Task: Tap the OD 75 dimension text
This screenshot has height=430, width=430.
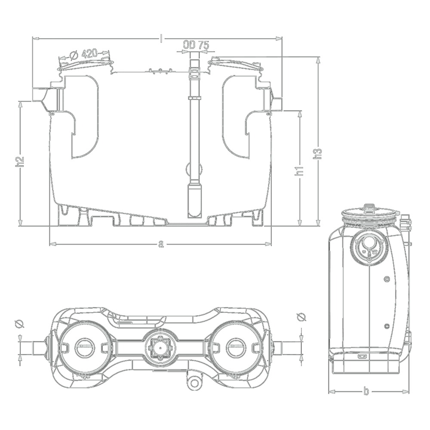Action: click(x=196, y=45)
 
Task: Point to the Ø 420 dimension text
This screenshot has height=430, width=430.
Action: click(x=84, y=54)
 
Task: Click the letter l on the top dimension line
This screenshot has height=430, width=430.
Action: click(x=161, y=39)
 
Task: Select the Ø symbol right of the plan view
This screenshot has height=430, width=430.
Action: click(x=301, y=317)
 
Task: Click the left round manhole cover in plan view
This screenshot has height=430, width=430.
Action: click(x=85, y=348)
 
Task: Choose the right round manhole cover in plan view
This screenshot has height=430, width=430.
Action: click(x=236, y=347)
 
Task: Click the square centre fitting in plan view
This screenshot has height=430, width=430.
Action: click(x=160, y=347)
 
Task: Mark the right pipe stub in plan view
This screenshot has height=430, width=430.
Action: click(x=278, y=347)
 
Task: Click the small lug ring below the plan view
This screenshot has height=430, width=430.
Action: click(x=194, y=384)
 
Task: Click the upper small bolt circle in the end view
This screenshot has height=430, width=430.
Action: click(x=387, y=279)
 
